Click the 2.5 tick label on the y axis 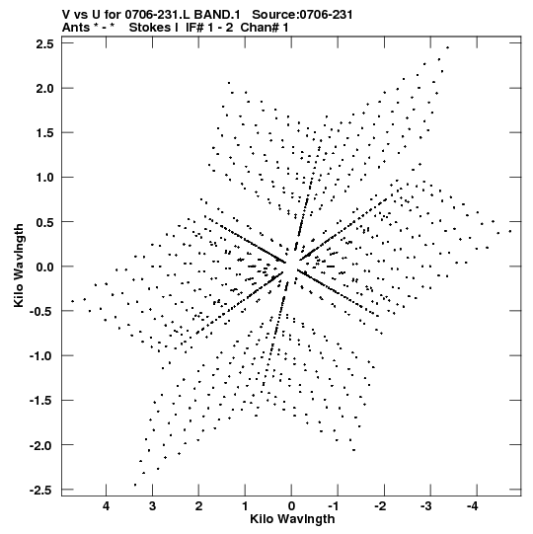coord(45,43)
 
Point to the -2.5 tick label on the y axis coord(41,490)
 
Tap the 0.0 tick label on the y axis coord(45,267)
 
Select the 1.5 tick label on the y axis coord(45,133)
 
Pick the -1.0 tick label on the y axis coord(41,356)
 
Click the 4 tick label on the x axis coord(106,506)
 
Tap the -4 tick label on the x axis coord(472,506)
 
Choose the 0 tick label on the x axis coord(291,506)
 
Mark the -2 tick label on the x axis coord(380,506)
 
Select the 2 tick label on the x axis coord(198,506)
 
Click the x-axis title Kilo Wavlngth coord(292,519)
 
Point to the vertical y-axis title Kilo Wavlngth coord(19,266)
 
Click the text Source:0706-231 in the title coord(302,15)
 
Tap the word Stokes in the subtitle coord(153,28)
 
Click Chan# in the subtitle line coord(261,28)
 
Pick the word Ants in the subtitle coord(77,28)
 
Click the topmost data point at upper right coord(447,47)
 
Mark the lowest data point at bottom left coord(135,485)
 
